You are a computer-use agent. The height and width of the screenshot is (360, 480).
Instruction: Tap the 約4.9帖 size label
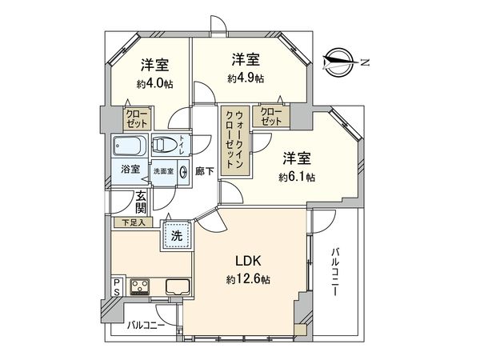[246, 78]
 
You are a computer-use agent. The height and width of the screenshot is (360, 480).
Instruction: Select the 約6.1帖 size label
[298, 176]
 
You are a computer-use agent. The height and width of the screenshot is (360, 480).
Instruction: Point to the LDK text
[247, 261]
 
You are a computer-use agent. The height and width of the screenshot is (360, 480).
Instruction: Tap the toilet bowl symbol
[166, 145]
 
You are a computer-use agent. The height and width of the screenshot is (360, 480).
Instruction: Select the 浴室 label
[130, 170]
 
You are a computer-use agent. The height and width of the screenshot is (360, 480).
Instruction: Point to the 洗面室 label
[164, 170]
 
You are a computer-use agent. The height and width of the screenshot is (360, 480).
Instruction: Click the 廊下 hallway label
[203, 170]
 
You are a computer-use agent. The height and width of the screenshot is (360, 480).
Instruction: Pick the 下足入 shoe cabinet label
[134, 222]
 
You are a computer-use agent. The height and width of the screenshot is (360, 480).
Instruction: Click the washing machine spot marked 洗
[177, 235]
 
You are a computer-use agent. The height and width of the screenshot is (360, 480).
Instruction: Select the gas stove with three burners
[142, 286]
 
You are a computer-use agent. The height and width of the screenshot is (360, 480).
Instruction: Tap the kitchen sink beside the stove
[177, 286]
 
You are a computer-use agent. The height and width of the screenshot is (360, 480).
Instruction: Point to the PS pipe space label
[116, 286]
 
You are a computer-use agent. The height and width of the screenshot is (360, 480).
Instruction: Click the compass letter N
[365, 61]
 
